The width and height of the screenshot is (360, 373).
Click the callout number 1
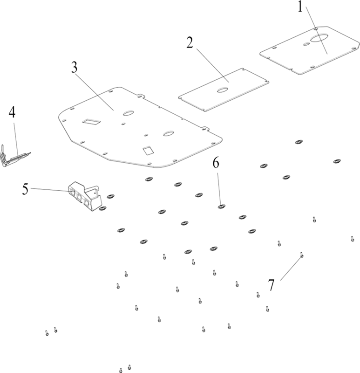pyautogui.click(x=300, y=7)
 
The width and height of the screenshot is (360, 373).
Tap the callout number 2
pyautogui.click(x=190, y=43)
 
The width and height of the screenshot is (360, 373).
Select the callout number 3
pyautogui.click(x=75, y=68)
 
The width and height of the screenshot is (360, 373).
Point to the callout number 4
pyautogui.click(x=12, y=112)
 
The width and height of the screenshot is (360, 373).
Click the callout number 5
pyautogui.click(x=25, y=189)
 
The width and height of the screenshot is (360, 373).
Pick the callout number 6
pyautogui.click(x=216, y=163)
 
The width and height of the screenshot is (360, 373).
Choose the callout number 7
pyautogui.click(x=271, y=285)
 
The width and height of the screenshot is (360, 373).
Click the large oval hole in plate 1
pyautogui.click(x=319, y=38)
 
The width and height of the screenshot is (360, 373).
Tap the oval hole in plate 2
pyautogui.click(x=223, y=90)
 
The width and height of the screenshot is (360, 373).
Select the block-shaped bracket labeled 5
pyautogui.click(x=85, y=196)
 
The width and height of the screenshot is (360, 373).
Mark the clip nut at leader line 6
pyautogui.click(x=222, y=207)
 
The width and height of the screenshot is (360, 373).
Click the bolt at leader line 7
pyautogui.click(x=302, y=255)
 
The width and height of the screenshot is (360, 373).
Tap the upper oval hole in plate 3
pyautogui.click(x=129, y=113)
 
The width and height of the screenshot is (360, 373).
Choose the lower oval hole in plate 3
pyautogui.click(x=169, y=133)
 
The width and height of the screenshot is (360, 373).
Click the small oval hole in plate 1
pyautogui.click(x=306, y=44)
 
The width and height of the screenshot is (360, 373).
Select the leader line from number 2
pyautogui.click(x=212, y=65)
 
